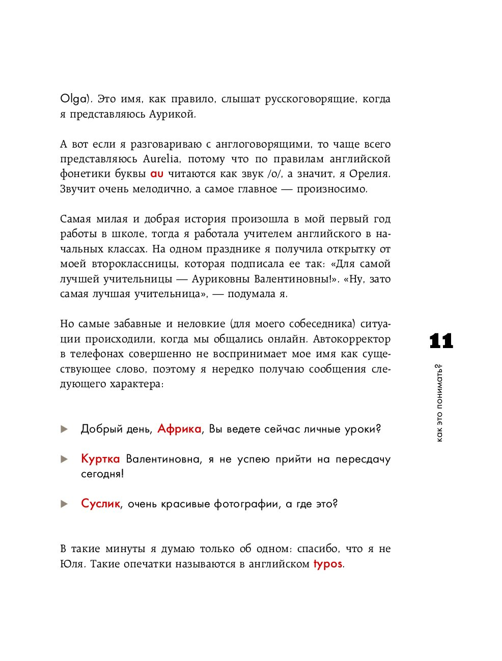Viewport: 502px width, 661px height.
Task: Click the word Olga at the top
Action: [73, 99]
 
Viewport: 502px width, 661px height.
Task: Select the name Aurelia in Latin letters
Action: [161, 159]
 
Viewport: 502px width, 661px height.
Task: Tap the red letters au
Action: [157, 174]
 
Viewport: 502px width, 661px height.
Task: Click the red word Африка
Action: [179, 429]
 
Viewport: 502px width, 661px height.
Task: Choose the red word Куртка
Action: [100, 459]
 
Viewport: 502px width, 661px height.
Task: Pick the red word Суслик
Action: [100, 504]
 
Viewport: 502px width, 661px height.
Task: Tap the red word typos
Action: [327, 564]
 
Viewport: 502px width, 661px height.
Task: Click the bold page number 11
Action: [441, 341]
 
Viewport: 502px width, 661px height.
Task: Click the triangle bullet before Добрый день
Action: [64, 429]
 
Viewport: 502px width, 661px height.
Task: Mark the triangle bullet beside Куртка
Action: [64, 459]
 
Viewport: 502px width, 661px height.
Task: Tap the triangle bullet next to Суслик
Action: [64, 504]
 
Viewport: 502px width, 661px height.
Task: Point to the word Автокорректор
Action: [351, 339]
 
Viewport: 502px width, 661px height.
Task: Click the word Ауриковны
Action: [220, 279]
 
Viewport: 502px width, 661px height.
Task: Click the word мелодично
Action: [161, 189]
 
